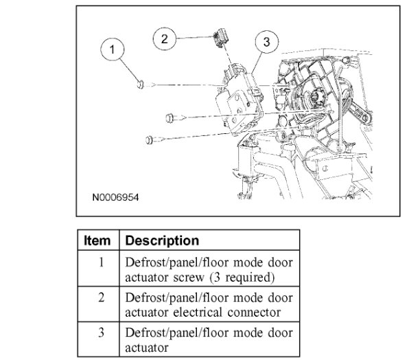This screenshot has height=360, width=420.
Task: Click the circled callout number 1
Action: click(113, 50)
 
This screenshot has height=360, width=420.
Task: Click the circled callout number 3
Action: click(266, 42)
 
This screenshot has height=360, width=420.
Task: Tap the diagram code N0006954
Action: click(116, 197)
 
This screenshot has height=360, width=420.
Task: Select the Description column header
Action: click(163, 241)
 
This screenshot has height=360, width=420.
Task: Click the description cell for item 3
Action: click(209, 339)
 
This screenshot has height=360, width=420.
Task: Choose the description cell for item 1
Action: click(209, 269)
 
